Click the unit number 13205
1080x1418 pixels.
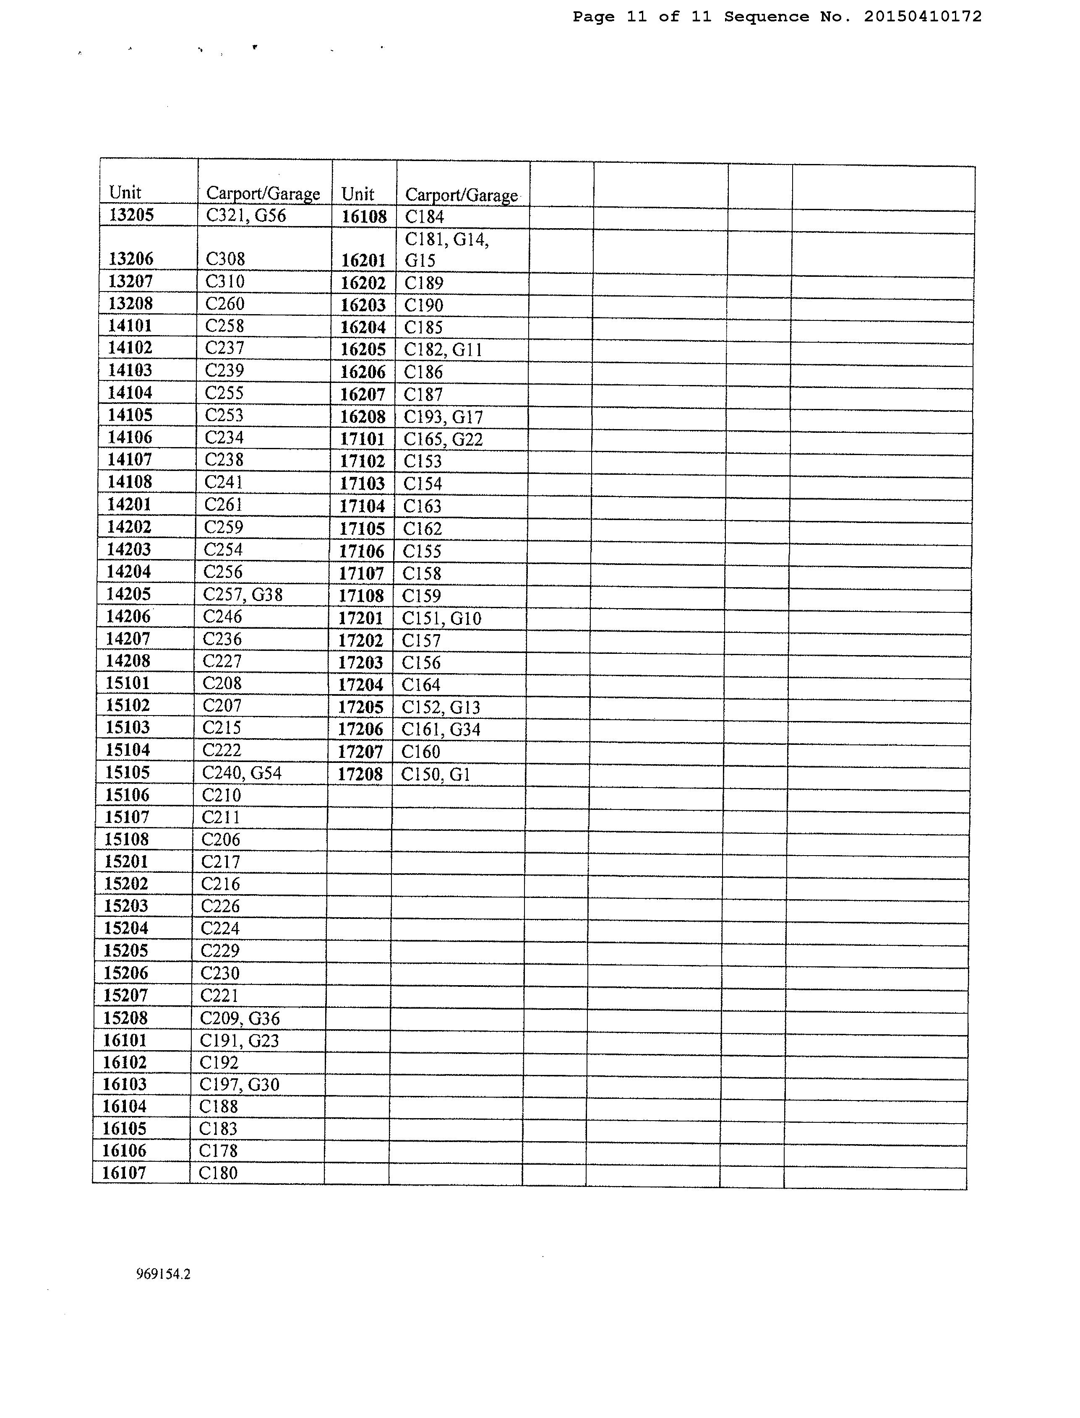click(x=131, y=215)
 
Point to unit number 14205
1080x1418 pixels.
click(x=128, y=594)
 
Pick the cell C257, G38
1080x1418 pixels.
click(x=243, y=594)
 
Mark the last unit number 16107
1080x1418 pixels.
click(x=124, y=1173)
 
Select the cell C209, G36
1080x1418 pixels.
click(x=240, y=1018)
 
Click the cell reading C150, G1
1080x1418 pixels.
click(x=435, y=774)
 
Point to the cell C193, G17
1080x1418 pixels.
click(x=443, y=417)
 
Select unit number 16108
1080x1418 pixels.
click(x=364, y=216)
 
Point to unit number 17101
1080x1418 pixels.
click(x=362, y=440)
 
